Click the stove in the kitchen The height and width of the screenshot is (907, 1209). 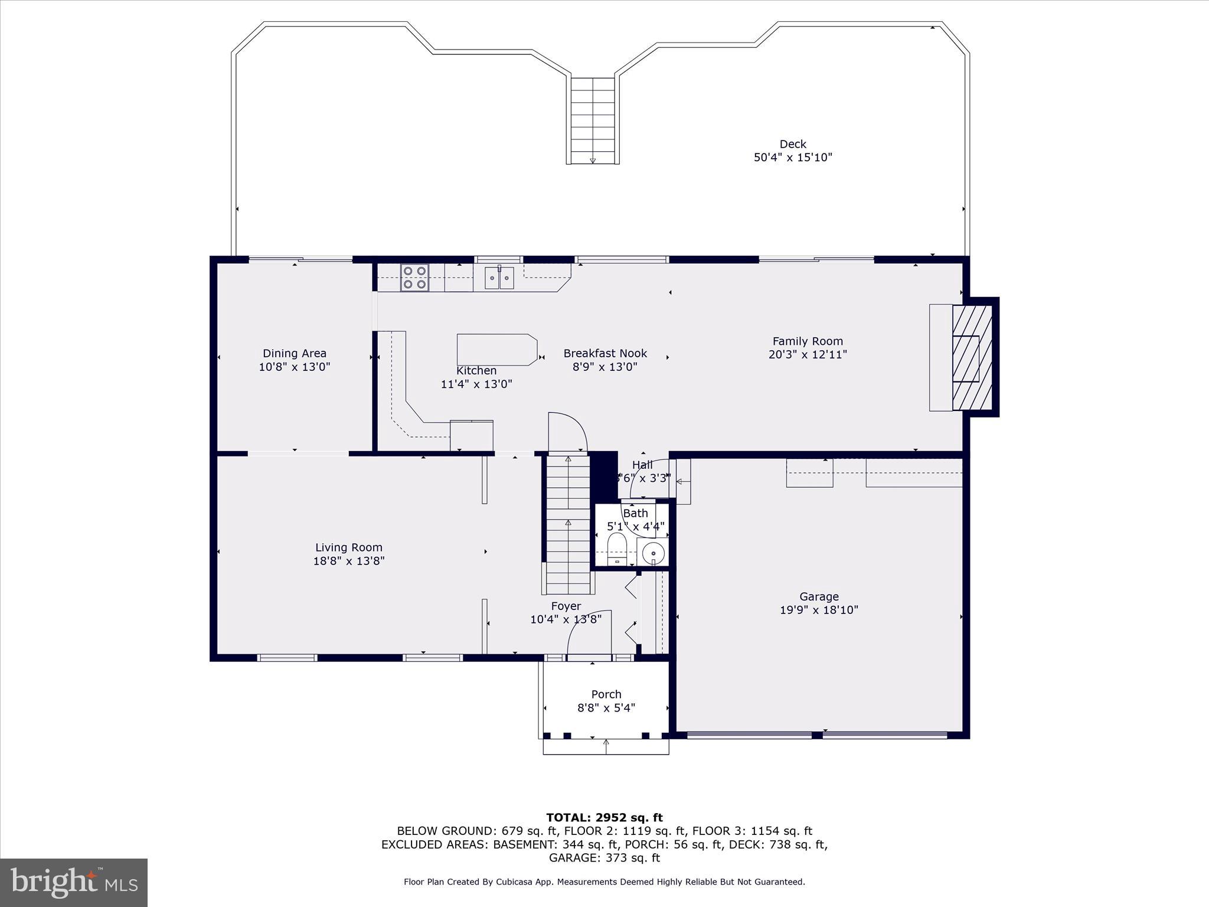[414, 278]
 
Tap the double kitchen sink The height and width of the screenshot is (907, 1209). [499, 278]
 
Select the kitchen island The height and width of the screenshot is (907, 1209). [496, 350]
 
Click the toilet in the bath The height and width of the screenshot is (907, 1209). [617, 549]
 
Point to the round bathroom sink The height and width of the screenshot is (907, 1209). [653, 553]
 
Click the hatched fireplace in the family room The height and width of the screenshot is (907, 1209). [971, 358]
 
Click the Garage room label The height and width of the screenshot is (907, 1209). [819, 596]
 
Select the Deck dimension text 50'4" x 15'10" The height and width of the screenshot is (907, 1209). [793, 158]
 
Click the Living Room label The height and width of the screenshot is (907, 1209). [348, 547]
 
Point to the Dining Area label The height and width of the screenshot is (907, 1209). [294, 353]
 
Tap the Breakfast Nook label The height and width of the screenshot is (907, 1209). [605, 353]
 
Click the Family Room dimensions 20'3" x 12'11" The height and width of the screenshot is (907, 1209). [808, 355]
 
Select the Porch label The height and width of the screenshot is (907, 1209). [606, 694]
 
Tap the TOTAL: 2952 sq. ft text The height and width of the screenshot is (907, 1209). [604, 818]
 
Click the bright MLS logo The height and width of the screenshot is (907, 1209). [74, 883]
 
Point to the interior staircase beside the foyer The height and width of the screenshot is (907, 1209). [568, 523]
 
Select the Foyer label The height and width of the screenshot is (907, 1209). [566, 606]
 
